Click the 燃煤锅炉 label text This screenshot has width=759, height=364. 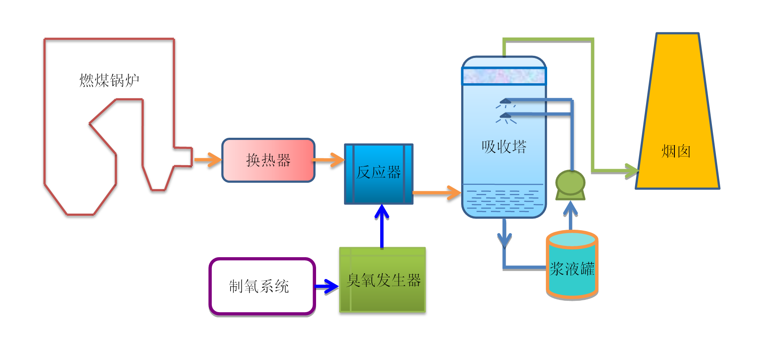coord(109,81)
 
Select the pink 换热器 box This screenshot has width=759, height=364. coord(268,160)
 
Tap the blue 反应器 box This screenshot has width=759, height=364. coord(378,173)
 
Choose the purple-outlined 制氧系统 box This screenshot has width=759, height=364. coord(262,286)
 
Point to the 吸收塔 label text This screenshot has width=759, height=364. coord(504,147)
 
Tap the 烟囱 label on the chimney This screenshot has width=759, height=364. coord(676,152)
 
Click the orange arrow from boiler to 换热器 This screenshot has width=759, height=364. coord(208,160)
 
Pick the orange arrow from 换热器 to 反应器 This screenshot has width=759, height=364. coord(329,160)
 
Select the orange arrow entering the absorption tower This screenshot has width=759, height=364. coord(437,192)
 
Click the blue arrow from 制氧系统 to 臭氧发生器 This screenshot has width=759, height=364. coord(327,286)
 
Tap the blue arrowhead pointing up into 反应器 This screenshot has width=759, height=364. coord(382,212)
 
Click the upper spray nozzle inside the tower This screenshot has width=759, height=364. coord(505,102)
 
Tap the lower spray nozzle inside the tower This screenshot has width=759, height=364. coord(505,116)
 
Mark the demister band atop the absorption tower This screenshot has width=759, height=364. coord(504,76)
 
